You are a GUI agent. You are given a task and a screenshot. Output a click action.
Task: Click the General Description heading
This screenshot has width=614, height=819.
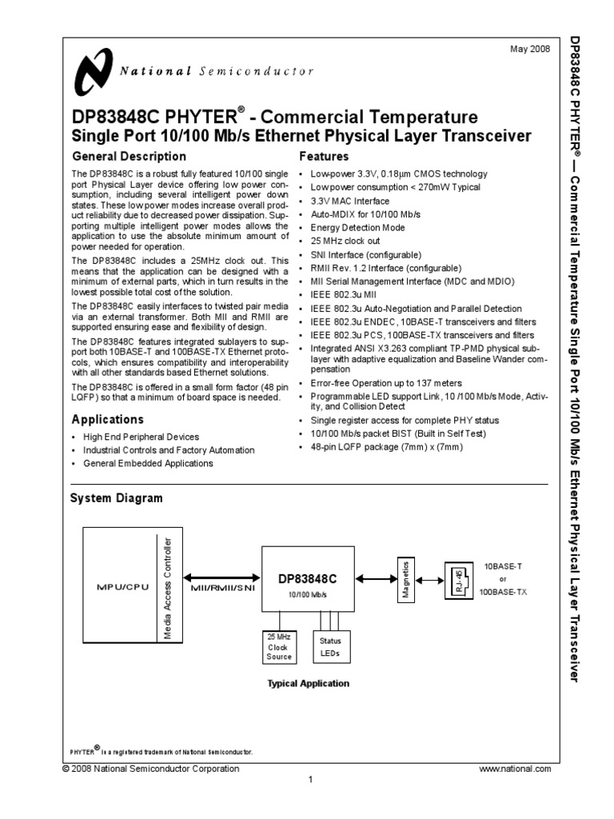click(x=129, y=157)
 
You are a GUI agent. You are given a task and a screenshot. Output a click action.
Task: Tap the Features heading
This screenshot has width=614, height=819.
click(x=323, y=157)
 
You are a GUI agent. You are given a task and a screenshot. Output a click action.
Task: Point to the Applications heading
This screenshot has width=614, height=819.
click(x=108, y=419)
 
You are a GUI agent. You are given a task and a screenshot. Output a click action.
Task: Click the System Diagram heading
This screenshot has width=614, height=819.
click(x=117, y=498)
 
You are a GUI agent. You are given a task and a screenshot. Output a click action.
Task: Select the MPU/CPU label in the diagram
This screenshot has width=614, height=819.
click(x=117, y=585)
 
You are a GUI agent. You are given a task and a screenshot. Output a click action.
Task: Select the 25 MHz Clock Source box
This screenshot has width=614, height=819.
click(x=278, y=646)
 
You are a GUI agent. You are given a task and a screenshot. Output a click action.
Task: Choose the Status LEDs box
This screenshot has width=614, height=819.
click(x=329, y=646)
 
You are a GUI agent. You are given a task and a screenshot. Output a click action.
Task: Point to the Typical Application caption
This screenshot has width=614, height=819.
click(x=308, y=684)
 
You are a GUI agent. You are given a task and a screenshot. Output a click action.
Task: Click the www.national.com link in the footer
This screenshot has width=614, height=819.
click(x=515, y=769)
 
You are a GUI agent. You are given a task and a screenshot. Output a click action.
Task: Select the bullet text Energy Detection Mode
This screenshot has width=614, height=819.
click(x=357, y=228)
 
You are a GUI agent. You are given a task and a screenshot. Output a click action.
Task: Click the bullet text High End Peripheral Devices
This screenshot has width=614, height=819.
click(x=142, y=437)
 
